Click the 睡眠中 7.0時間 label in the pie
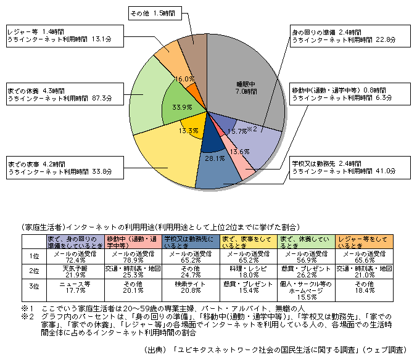click(x=246, y=87)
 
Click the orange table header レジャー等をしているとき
click(x=364, y=240)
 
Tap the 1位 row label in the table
click(x=34, y=255)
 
